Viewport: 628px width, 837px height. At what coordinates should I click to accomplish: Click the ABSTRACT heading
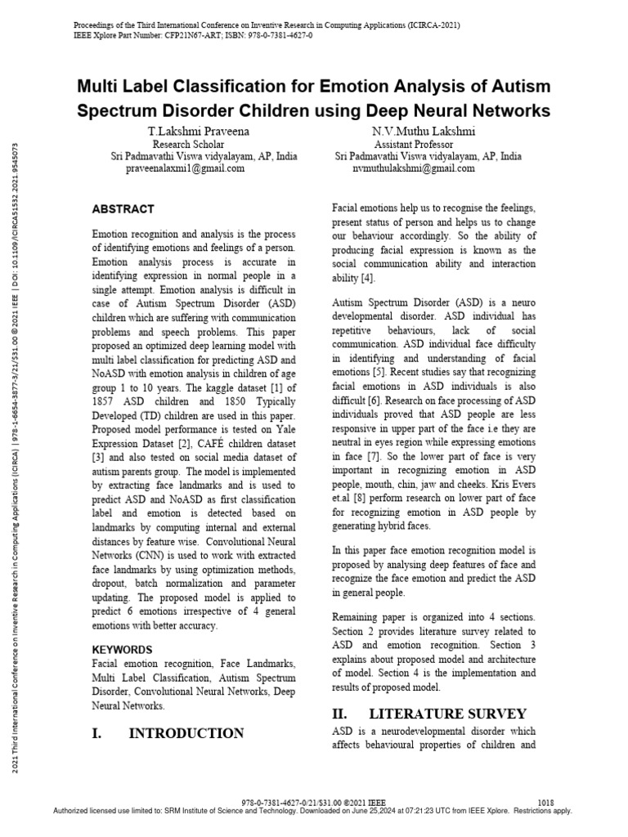pos(123,209)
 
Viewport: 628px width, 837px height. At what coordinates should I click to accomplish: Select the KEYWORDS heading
pos(122,650)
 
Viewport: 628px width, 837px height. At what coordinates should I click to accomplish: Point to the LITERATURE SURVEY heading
pos(459,714)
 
